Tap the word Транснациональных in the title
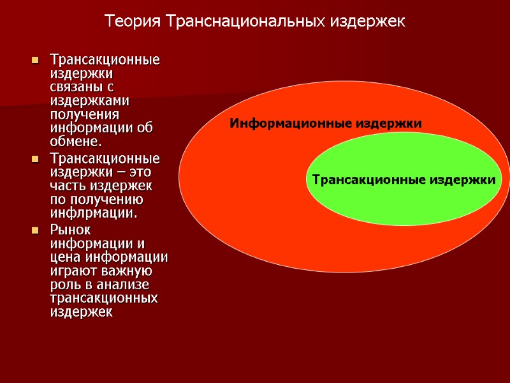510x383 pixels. pyautogui.click(x=245, y=22)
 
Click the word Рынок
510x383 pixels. pyautogui.click(x=70, y=230)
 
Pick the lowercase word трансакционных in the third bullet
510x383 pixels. pyautogui.click(x=103, y=298)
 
